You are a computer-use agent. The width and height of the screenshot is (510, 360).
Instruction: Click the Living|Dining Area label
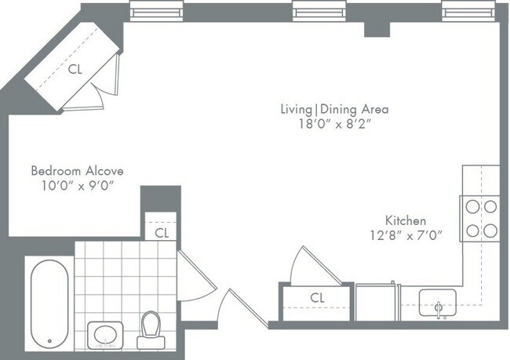[334, 109]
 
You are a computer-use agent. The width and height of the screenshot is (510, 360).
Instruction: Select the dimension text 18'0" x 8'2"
[334, 124]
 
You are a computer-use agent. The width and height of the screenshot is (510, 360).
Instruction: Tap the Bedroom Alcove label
[77, 170]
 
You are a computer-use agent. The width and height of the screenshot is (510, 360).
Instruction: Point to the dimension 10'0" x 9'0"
[77, 185]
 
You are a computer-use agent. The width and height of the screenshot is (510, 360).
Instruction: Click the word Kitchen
[405, 220]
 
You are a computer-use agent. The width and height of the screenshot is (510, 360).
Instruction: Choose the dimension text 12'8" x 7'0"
[405, 235]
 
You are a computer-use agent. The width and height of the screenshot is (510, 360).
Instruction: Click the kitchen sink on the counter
[439, 302]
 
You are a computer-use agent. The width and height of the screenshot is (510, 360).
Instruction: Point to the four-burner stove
[481, 219]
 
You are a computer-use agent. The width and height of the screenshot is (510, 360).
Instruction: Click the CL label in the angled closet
[75, 69]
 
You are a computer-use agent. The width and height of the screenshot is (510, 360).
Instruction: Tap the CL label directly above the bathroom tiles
[161, 232]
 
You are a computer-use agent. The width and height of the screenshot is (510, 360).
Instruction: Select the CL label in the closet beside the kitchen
[317, 297]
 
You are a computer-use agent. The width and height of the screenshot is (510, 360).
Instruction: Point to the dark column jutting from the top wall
[377, 29]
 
